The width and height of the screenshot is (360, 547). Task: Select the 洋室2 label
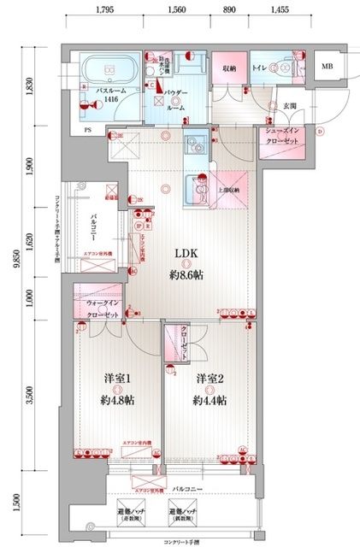(x=209, y=378)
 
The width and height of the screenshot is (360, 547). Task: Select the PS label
(x=88, y=130)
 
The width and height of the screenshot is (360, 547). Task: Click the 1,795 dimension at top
(x=105, y=11)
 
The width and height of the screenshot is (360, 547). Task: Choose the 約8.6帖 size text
(x=187, y=274)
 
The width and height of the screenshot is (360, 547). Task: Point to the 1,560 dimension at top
(x=179, y=11)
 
